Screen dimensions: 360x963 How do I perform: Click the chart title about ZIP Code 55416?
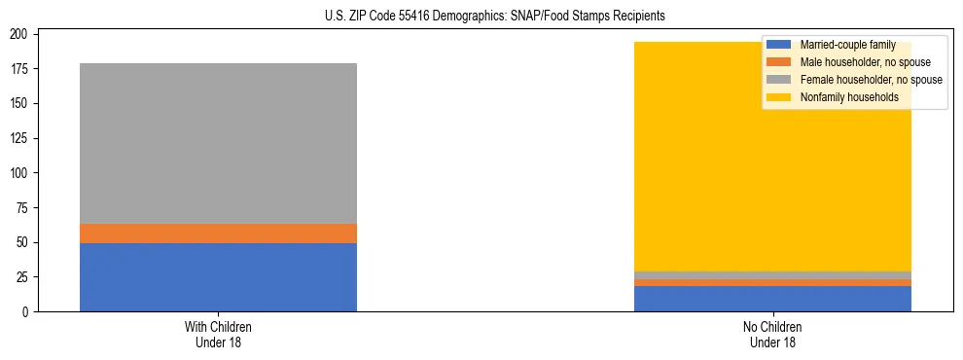(x=481, y=17)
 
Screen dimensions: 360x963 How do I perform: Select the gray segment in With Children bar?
(x=218, y=143)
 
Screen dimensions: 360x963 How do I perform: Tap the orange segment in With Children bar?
(x=218, y=234)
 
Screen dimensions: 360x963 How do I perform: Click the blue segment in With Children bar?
(x=218, y=277)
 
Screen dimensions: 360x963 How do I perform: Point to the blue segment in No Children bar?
(x=772, y=299)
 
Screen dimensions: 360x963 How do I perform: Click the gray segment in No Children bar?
(x=772, y=275)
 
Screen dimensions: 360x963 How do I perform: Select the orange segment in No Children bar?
(x=772, y=283)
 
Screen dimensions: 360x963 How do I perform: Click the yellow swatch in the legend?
(x=779, y=97)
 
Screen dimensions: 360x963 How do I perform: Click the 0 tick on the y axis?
(x=32, y=311)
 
